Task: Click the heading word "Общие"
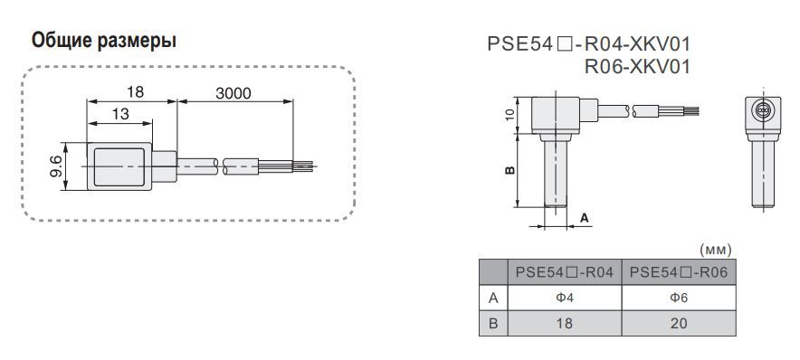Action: tap(61, 41)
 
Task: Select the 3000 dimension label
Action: tap(233, 93)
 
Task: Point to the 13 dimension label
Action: tap(121, 114)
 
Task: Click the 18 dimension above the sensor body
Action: tap(135, 91)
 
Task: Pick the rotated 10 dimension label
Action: tap(510, 115)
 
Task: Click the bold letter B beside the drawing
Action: tap(510, 170)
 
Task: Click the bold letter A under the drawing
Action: tap(585, 218)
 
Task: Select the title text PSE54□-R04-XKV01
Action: tap(589, 44)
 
